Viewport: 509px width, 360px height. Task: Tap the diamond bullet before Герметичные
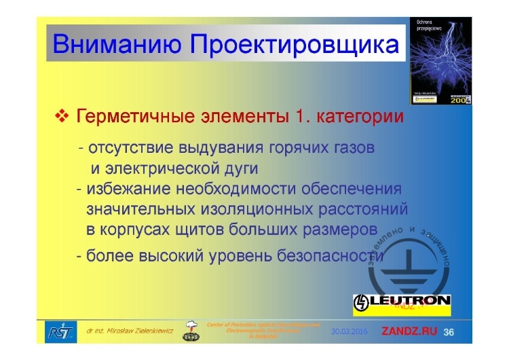pyautogui.click(x=62, y=117)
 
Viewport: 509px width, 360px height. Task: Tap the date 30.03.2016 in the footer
pyautogui.click(x=350, y=331)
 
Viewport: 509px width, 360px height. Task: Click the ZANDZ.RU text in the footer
pyautogui.click(x=411, y=331)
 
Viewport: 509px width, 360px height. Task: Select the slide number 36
pyautogui.click(x=449, y=331)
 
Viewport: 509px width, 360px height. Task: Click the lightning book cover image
pyautogui.click(x=440, y=61)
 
